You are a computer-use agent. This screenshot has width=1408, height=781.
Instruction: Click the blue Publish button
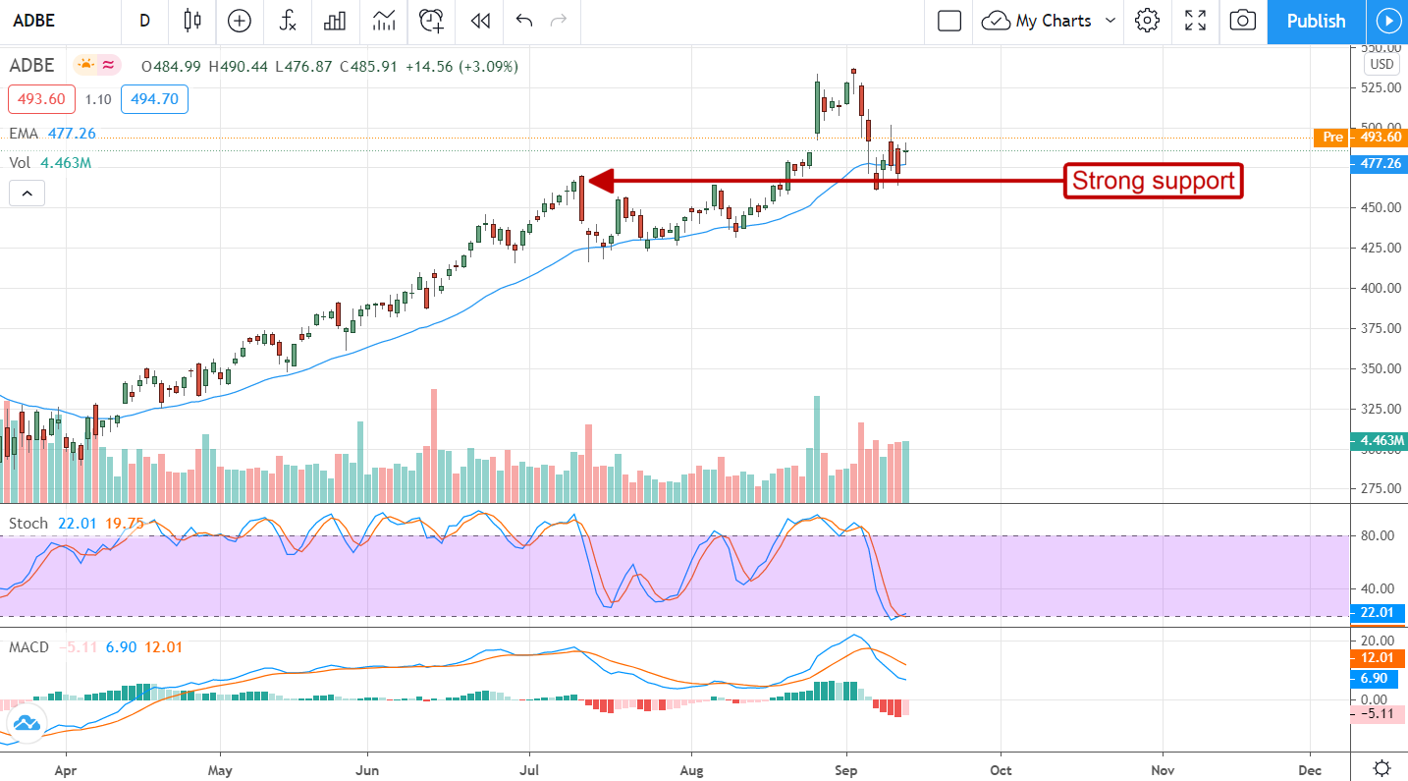click(x=1316, y=21)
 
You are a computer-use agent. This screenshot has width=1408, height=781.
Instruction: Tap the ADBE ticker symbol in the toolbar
click(x=34, y=21)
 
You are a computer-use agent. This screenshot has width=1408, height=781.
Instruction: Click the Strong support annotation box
click(x=1153, y=181)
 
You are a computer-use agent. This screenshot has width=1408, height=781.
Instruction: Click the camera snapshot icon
click(x=1242, y=21)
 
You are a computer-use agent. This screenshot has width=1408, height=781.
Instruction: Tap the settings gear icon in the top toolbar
click(x=1147, y=21)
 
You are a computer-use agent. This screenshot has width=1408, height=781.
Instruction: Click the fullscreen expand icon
click(x=1195, y=21)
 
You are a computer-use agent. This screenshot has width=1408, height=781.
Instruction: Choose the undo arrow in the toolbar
click(x=523, y=21)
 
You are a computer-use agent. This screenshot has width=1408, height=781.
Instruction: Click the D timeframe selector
click(x=145, y=21)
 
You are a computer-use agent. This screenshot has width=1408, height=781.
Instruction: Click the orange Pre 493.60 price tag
click(x=1359, y=138)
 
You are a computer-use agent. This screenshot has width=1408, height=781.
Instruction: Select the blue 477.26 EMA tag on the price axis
click(x=1379, y=164)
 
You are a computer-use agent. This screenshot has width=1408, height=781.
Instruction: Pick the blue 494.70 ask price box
click(x=154, y=99)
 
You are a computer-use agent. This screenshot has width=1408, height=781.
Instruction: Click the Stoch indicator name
click(x=27, y=524)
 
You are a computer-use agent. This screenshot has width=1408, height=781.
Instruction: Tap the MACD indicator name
click(x=29, y=647)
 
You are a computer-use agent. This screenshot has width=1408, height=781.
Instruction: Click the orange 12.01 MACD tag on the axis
click(x=1379, y=658)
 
